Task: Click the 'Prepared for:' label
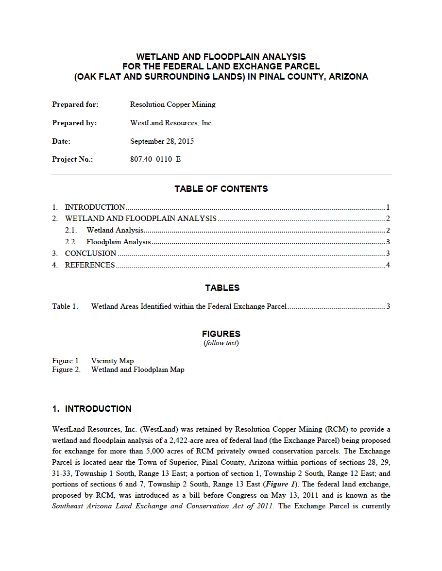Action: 75,104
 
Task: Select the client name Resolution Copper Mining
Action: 172,104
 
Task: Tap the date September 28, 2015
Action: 162,141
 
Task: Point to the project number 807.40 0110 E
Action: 155,159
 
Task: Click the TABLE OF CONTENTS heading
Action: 221,189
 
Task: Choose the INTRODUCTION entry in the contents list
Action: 95,207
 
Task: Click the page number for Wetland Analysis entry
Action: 388,230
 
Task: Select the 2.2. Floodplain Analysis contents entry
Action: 119,242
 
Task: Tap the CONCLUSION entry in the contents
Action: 90,253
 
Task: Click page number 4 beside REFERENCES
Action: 388,265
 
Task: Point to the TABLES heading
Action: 222,288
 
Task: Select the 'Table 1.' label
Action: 65,306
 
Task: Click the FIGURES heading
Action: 221,334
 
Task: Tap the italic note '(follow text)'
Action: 221,343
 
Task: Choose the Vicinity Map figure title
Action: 112,361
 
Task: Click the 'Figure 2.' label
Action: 66,369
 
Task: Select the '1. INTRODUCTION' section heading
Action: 92,409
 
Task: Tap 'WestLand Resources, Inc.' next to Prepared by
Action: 171,123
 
